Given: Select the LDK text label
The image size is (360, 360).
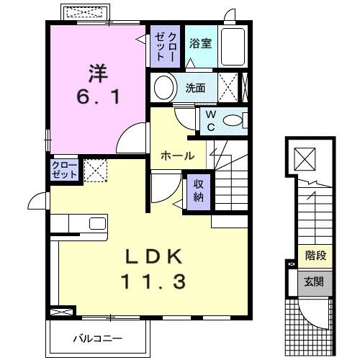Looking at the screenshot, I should coord(150,256).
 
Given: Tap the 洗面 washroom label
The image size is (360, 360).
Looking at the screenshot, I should coord(195,88).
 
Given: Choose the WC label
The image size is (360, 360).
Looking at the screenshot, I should coord(210,120).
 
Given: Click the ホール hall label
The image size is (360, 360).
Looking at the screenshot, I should coord(176,156).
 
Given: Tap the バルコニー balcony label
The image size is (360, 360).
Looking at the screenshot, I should coord(97,338).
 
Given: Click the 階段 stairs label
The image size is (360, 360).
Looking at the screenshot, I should coord(315,255).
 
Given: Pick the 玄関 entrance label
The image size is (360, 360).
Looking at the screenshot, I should coord(315,281).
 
